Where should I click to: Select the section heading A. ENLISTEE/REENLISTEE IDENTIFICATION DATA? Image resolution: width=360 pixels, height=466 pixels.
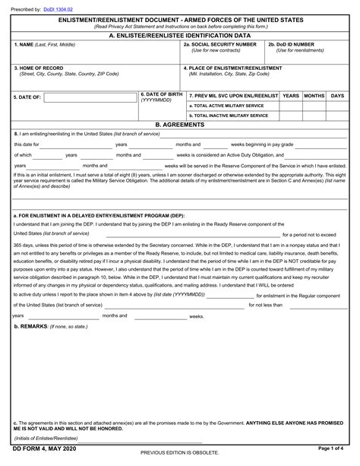(179, 35)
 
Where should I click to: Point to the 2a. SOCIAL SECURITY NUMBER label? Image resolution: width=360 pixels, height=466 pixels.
(220, 45)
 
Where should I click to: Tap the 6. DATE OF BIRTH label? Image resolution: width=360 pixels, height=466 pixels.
(161, 94)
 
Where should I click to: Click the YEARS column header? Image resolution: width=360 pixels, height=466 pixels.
(290, 96)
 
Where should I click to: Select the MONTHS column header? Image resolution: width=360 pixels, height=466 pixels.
(314, 96)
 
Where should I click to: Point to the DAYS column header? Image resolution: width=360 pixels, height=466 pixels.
(337, 96)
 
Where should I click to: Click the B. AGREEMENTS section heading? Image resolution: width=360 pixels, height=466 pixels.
(179, 124)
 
